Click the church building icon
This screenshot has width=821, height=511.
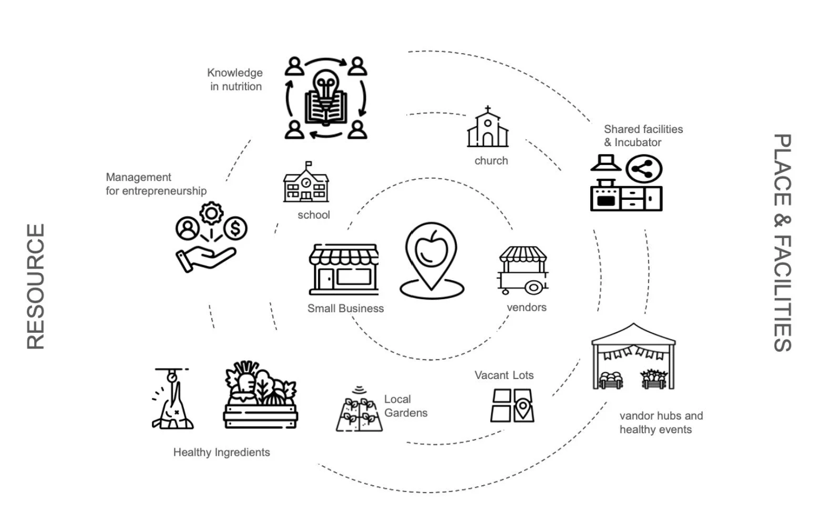click(x=488, y=128)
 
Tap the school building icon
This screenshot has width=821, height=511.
click(x=306, y=183)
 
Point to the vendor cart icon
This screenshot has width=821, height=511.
click(x=523, y=270)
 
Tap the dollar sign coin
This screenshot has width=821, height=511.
click(x=235, y=228)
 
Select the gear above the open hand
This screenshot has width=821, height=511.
click(x=211, y=213)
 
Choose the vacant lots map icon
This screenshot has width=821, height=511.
click(x=512, y=405)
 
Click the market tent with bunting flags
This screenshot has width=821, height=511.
click(x=633, y=357)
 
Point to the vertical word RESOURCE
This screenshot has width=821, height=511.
click(x=35, y=287)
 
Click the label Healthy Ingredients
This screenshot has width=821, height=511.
click(x=221, y=452)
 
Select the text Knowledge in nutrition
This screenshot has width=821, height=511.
click(x=235, y=79)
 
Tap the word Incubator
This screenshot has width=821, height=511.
click(x=638, y=142)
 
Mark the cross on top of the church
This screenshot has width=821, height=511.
click(x=488, y=110)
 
